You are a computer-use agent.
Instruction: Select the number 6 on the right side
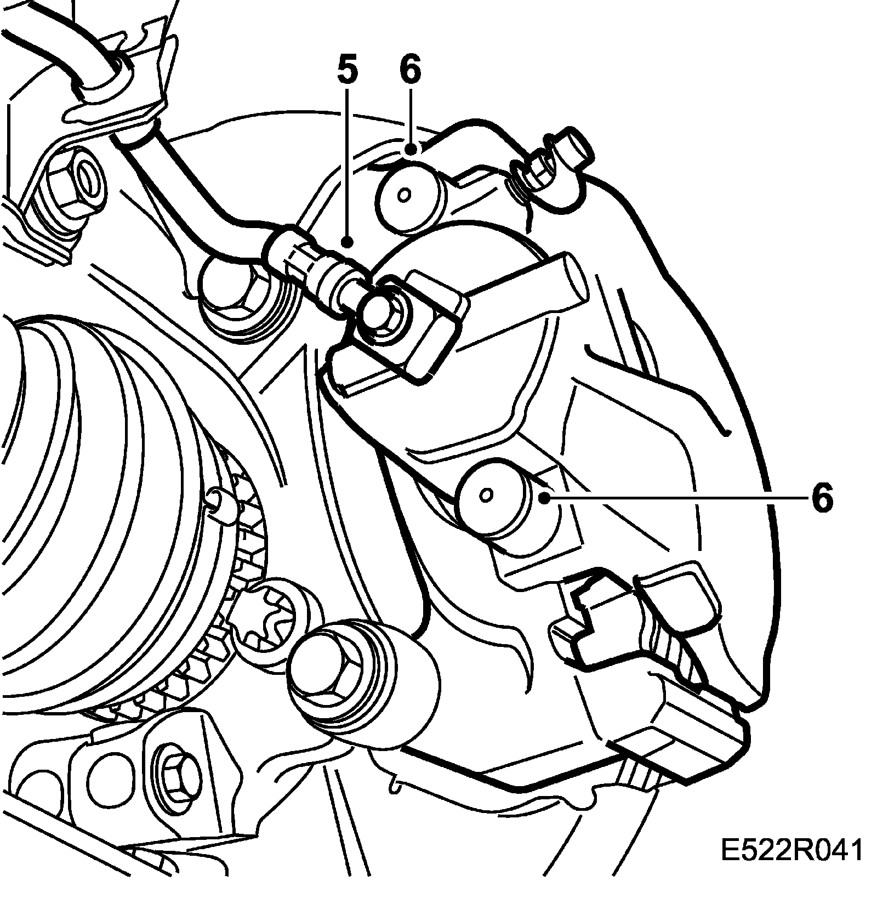click(x=822, y=498)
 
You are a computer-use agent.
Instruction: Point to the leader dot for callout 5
click(x=346, y=241)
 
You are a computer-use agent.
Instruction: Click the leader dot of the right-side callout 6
click(x=544, y=498)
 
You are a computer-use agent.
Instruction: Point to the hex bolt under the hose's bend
click(x=236, y=299)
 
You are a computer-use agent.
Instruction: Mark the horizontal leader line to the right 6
click(x=674, y=498)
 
